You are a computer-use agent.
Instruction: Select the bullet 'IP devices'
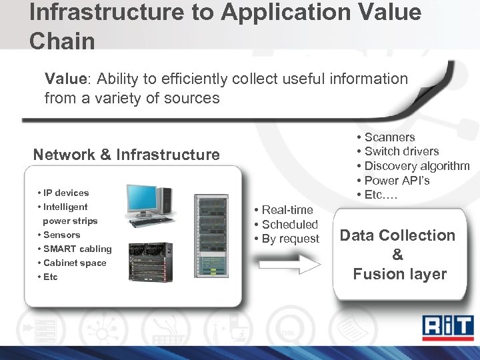[66, 193]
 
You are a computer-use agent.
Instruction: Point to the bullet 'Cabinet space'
[75, 263]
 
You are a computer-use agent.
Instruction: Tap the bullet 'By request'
[290, 239]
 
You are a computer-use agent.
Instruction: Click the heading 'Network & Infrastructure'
[127, 155]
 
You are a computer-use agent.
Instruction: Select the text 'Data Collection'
[397, 235]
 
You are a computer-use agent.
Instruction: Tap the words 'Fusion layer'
[399, 274]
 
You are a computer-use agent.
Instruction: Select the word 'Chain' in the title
[62, 41]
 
